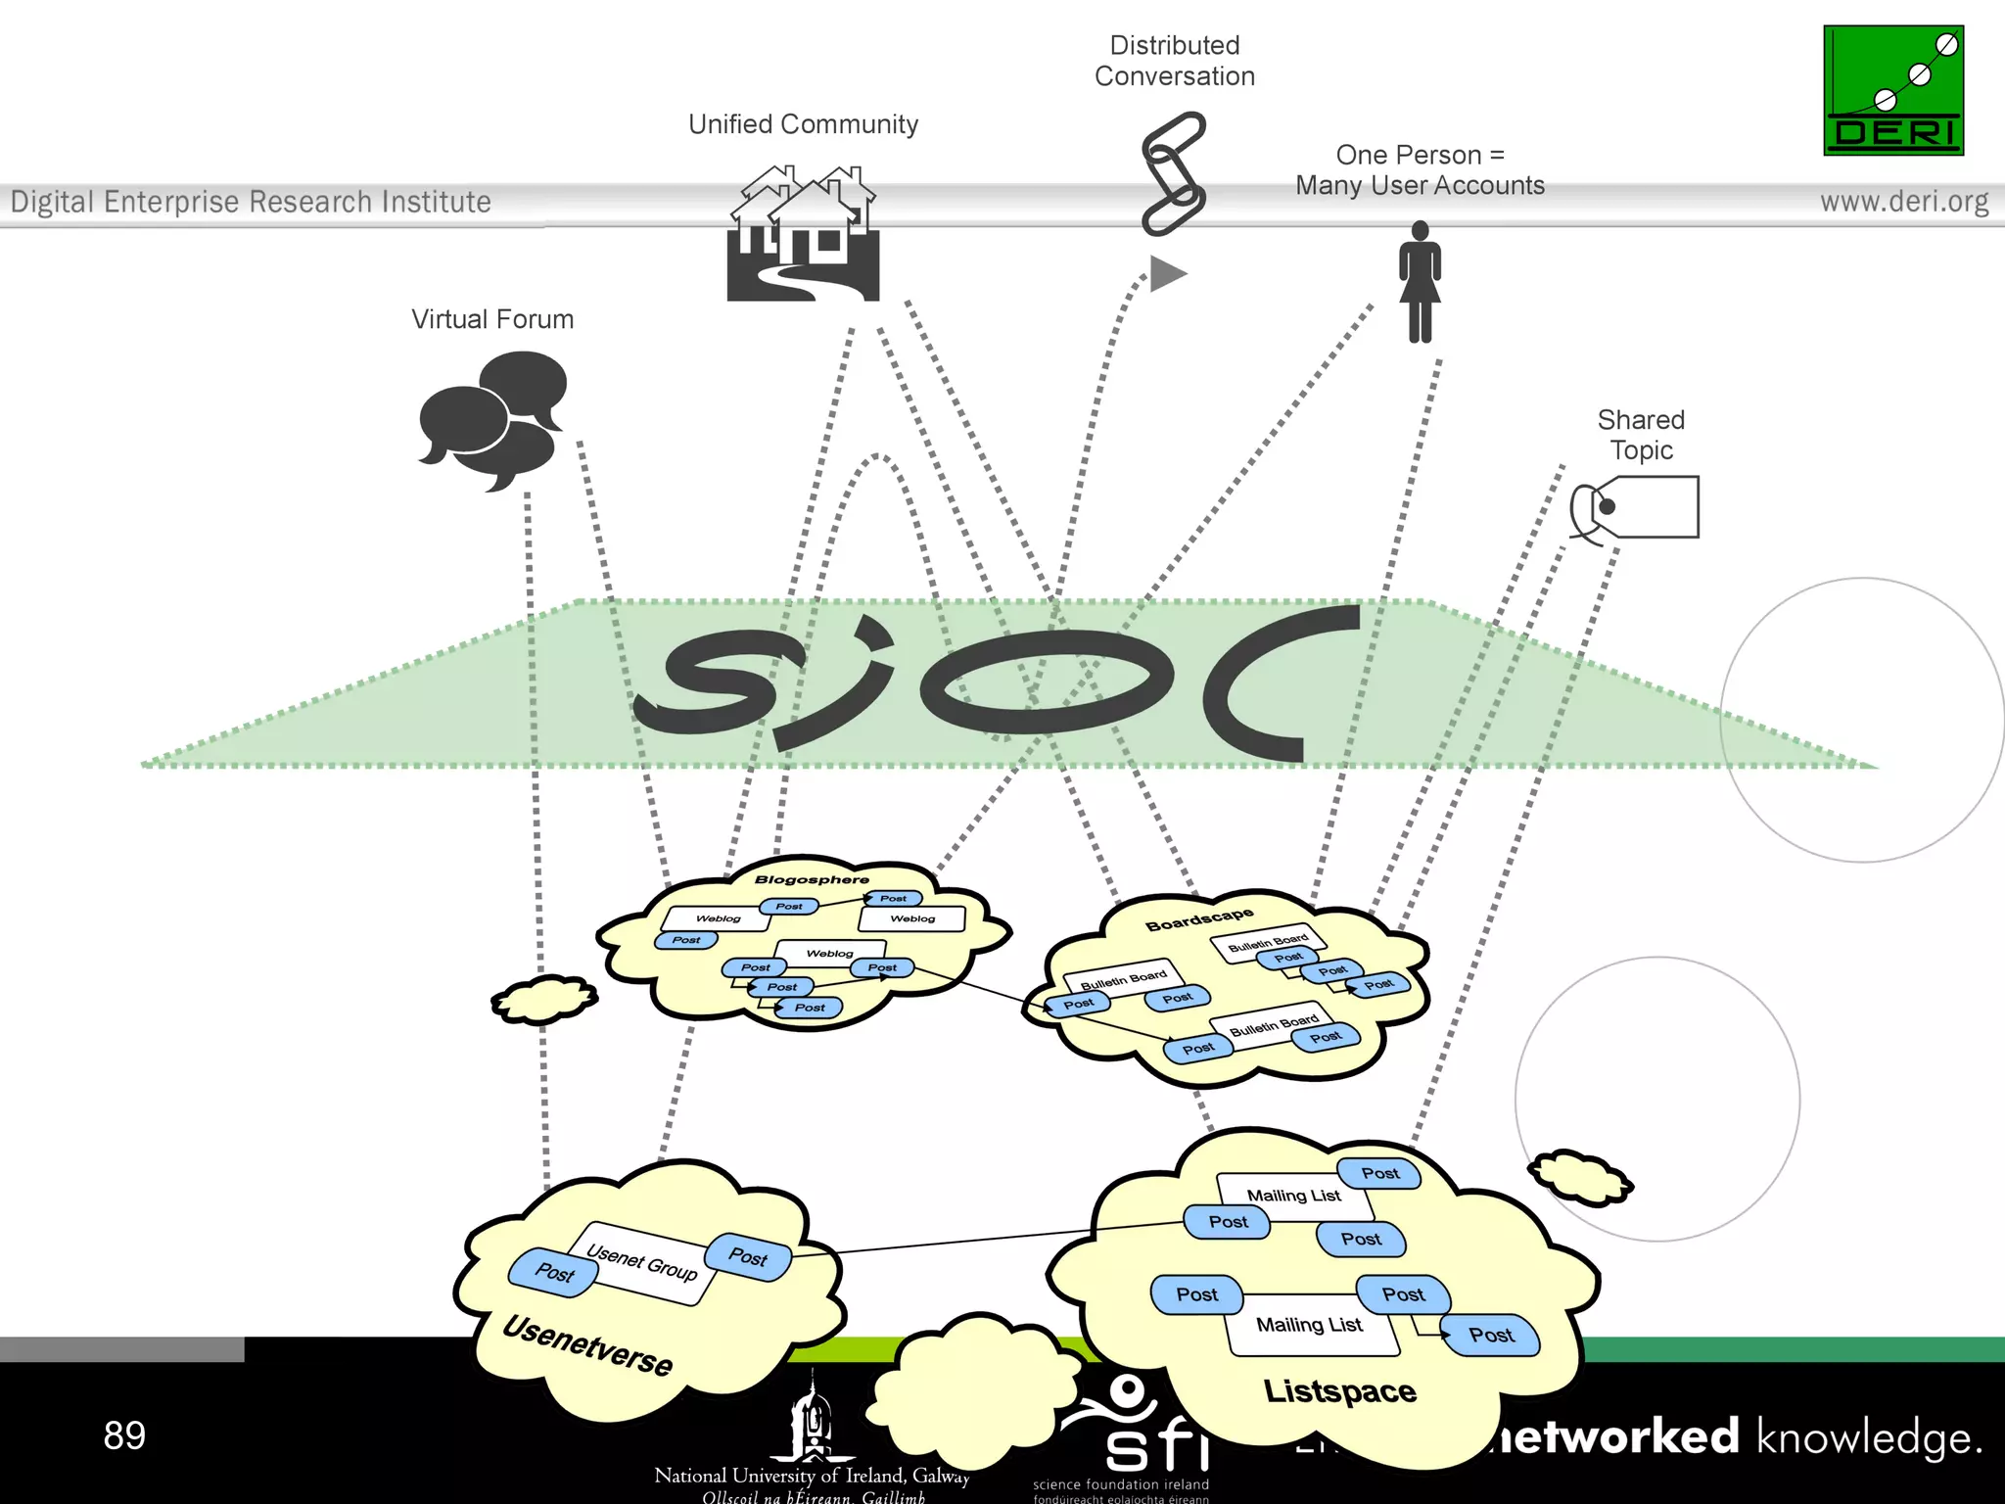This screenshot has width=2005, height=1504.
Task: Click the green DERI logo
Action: pos(1892,90)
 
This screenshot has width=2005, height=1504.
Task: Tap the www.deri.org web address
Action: pos(1904,202)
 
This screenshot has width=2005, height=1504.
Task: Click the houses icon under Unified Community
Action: pos(803,235)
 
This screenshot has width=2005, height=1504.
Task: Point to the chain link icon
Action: pos(1173,173)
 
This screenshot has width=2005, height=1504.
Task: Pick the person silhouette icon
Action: pos(1420,282)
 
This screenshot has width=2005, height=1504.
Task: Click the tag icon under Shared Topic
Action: pos(1637,507)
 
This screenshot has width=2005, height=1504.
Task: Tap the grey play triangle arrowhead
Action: pos(1167,273)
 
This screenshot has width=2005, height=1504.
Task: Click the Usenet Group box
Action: pos(642,1263)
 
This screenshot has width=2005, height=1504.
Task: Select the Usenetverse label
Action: pos(587,1345)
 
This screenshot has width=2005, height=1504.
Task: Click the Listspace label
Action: pos(1339,1391)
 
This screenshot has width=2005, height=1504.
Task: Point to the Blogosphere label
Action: pos(812,879)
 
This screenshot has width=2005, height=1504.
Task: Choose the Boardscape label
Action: pos(1199,919)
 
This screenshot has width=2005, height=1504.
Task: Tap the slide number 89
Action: pos(124,1435)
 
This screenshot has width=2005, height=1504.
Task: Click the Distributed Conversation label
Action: pos(1175,61)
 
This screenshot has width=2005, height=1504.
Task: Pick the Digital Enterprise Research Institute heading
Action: pos(251,202)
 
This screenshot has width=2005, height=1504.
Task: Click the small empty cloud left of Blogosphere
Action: pos(544,1000)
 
